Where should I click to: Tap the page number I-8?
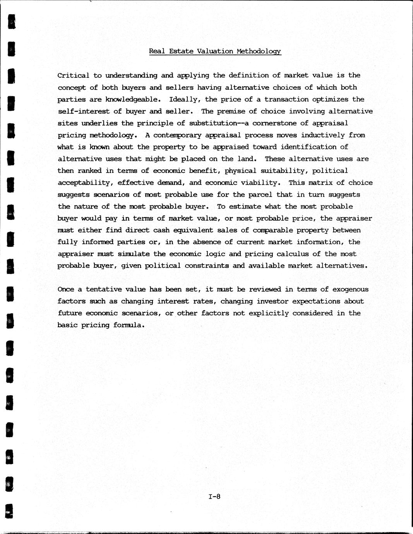[x=214, y=496]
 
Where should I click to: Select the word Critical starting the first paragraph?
[x=73, y=75]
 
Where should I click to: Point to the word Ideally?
[x=185, y=99]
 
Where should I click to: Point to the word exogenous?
[x=350, y=289]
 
